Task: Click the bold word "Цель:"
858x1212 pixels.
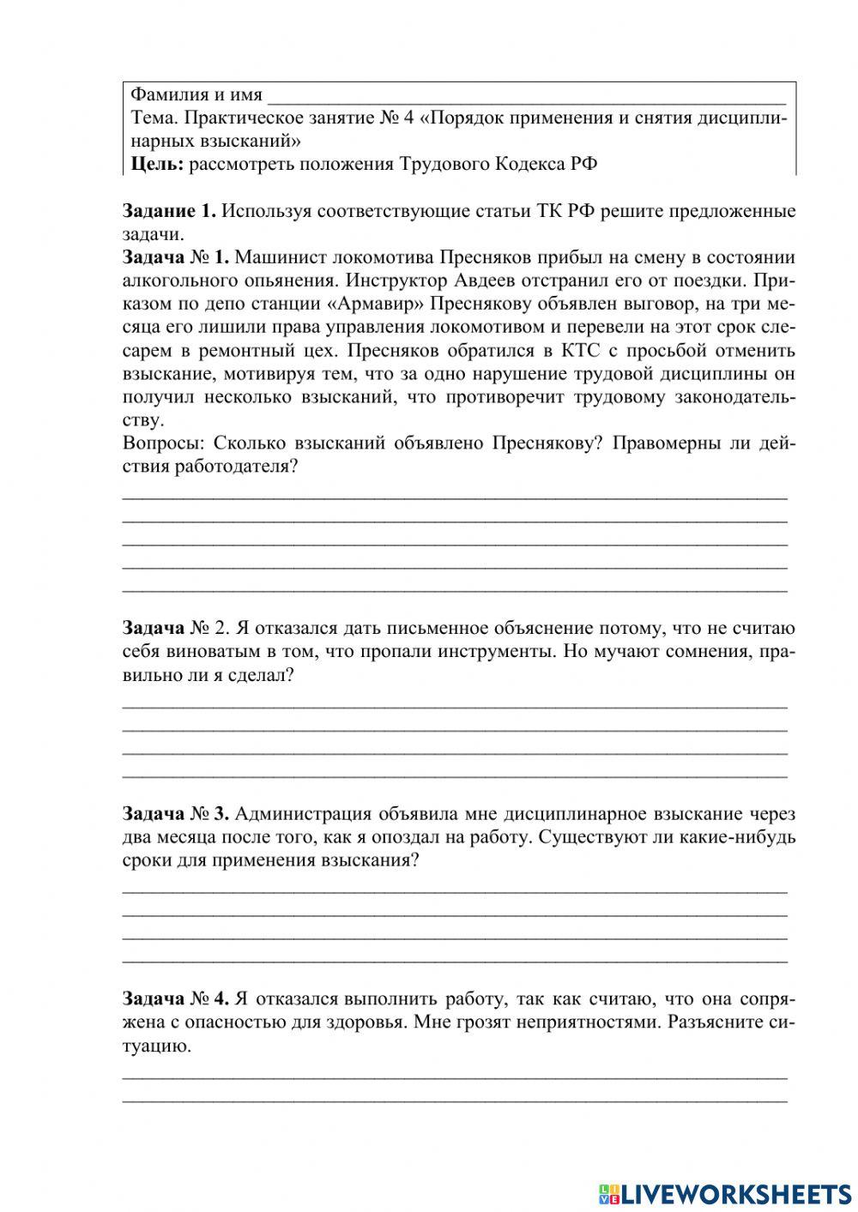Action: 156,165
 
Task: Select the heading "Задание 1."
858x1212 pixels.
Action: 168,211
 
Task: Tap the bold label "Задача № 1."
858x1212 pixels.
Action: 175,257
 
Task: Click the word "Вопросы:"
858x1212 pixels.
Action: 164,443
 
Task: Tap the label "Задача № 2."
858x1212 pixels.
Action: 176,628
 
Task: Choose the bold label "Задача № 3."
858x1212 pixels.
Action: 175,813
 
